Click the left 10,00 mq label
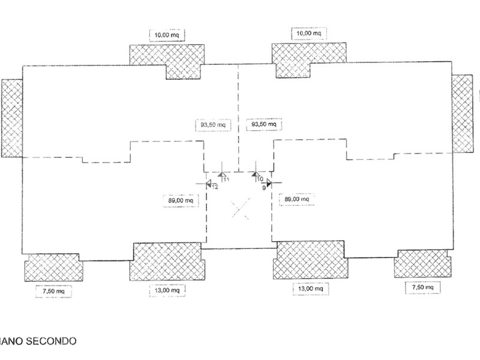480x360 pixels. (166, 34)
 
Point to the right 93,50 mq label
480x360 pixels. (265, 124)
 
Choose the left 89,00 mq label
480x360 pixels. (180, 200)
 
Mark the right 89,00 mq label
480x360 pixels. (296, 199)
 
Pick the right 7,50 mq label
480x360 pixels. (424, 289)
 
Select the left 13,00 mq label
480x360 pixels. (167, 290)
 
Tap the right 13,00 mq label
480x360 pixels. (309, 289)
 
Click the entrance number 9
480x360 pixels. (264, 188)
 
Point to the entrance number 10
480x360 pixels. (260, 179)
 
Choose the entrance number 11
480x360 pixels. (226, 179)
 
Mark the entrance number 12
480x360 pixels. (215, 187)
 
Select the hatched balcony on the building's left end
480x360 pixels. (11, 118)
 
